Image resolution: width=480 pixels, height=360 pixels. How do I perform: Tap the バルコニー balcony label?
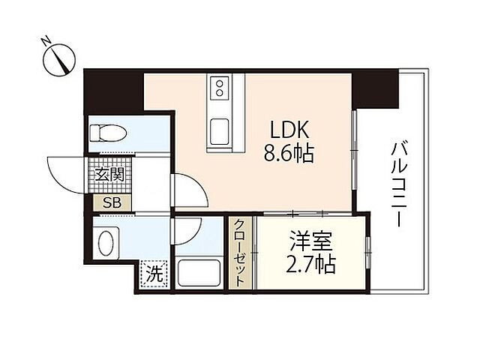(x=397, y=181)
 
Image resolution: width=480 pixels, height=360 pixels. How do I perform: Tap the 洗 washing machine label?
(x=153, y=274)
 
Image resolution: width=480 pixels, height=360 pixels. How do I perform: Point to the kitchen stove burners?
(x=220, y=88)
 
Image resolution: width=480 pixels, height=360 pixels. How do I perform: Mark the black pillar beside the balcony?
(x=377, y=87)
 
